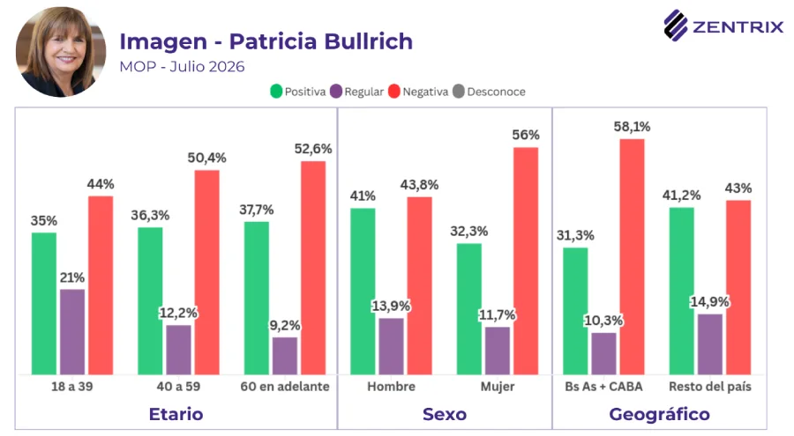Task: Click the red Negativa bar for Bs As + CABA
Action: (x=632, y=257)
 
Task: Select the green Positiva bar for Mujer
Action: (x=469, y=309)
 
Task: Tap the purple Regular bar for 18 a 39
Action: (x=72, y=332)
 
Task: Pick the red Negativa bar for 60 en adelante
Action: (x=313, y=268)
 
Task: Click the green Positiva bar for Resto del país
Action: (x=682, y=292)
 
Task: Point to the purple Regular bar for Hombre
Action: (x=392, y=346)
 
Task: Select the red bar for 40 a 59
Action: (x=207, y=273)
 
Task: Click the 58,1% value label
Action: (x=632, y=127)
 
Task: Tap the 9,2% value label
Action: (x=285, y=325)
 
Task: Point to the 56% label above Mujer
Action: (x=526, y=135)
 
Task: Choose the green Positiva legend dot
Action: (x=276, y=92)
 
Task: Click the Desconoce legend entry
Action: (x=489, y=92)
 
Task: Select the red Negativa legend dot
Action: (x=394, y=92)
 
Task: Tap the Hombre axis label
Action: (x=392, y=387)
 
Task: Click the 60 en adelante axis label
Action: (x=285, y=387)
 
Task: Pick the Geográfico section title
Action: (x=659, y=415)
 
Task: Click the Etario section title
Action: (x=176, y=414)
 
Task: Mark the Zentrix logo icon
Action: (x=676, y=26)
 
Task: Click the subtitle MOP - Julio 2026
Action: (x=182, y=67)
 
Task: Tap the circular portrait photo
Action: (x=61, y=52)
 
